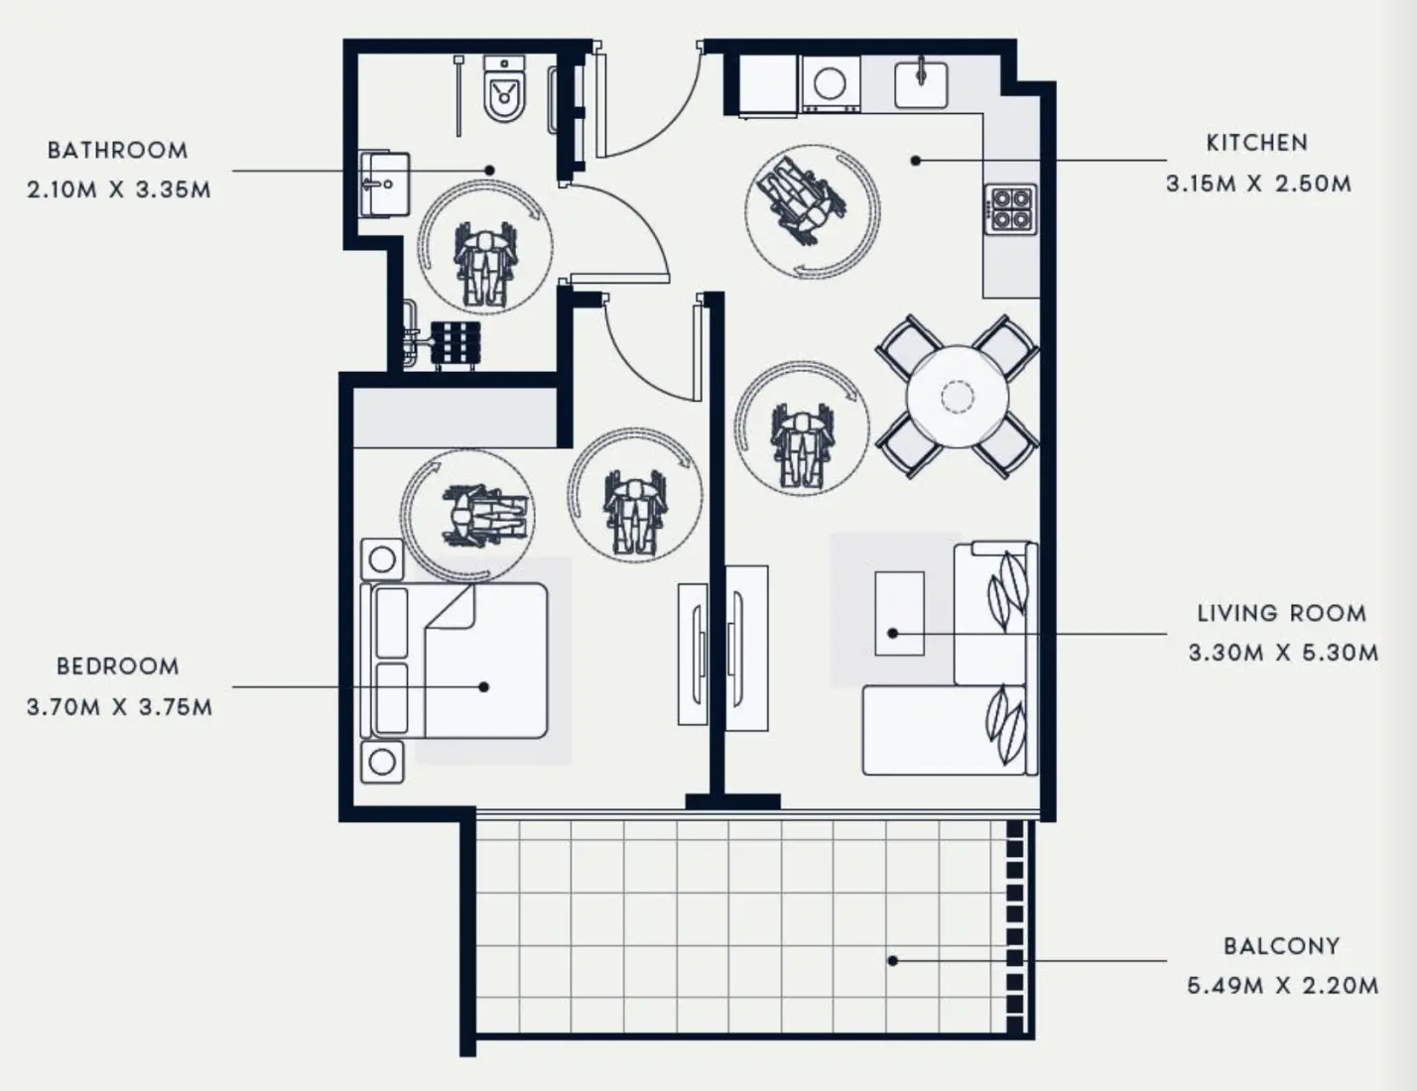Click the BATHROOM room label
[117, 151]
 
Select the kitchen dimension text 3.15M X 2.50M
[1257, 184]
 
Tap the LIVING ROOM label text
[1281, 613]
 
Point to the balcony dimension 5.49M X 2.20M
[1282, 986]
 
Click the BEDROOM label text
[118, 667]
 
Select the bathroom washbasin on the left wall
[383, 183]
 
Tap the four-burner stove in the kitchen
[1011, 209]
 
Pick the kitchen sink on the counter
[921, 84]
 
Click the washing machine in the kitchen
[831, 84]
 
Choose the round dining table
[958, 397]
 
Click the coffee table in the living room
[899, 613]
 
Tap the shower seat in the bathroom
[456, 345]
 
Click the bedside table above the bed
[382, 560]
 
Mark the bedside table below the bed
[382, 762]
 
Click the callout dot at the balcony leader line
[893, 960]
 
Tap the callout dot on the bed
[484, 686]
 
